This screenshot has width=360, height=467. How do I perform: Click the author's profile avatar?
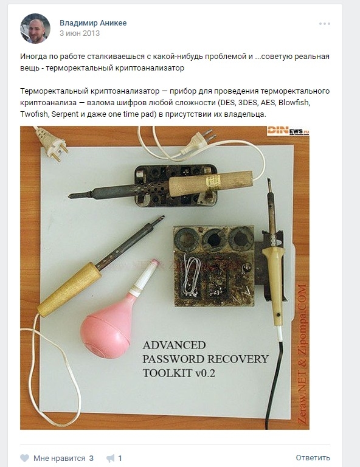click(35, 29)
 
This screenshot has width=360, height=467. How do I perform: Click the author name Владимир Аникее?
click(93, 23)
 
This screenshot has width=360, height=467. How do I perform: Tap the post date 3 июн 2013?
click(80, 33)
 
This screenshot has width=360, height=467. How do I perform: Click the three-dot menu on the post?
click(325, 24)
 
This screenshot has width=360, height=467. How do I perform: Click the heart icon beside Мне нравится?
click(24, 458)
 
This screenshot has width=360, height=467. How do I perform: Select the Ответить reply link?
click(313, 458)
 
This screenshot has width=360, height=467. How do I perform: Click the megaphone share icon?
click(110, 458)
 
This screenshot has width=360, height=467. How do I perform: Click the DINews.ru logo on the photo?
click(287, 131)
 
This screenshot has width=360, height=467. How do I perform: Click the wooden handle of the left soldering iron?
click(69, 289)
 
